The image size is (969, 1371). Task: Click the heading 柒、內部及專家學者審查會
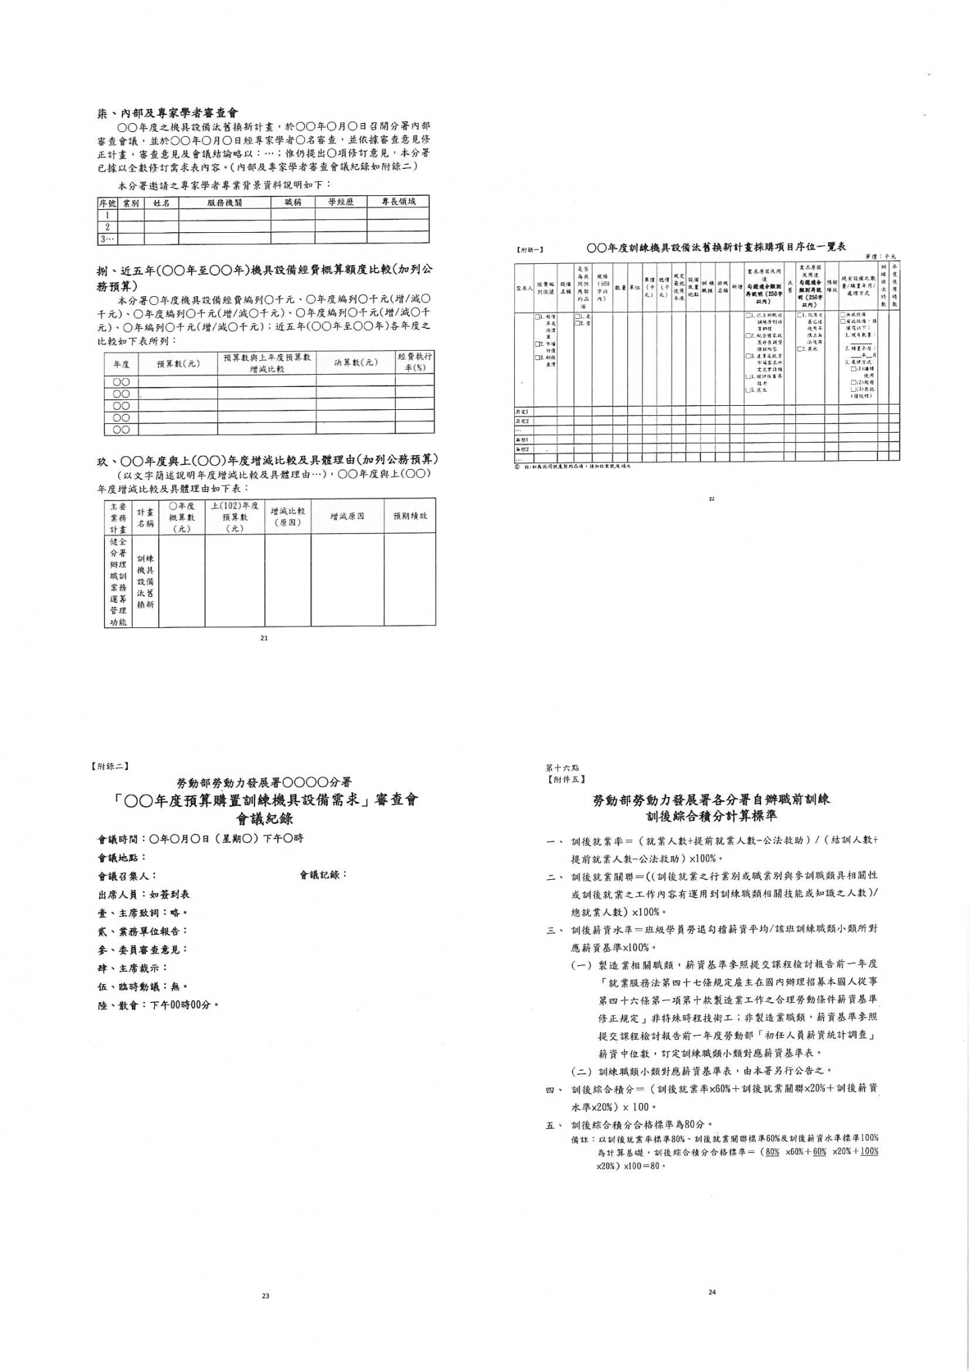click(x=168, y=113)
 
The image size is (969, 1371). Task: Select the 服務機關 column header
click(x=225, y=202)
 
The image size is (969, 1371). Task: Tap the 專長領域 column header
click(x=398, y=202)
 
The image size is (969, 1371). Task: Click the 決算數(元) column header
click(x=355, y=363)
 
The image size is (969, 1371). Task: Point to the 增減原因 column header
click(x=347, y=516)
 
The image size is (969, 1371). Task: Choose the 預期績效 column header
click(x=410, y=516)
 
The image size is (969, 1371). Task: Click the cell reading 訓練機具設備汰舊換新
click(x=145, y=581)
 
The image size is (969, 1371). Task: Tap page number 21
click(x=264, y=638)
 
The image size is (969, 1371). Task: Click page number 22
click(x=711, y=499)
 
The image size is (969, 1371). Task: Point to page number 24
click(x=713, y=1292)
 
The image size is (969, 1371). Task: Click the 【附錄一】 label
click(x=532, y=250)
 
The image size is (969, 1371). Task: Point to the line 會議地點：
click(x=122, y=857)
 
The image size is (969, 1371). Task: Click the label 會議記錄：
click(x=324, y=875)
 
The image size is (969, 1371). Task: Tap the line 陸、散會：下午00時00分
click(x=159, y=1005)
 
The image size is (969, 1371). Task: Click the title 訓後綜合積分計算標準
click(x=711, y=816)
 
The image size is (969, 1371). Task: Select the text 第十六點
click(x=562, y=767)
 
